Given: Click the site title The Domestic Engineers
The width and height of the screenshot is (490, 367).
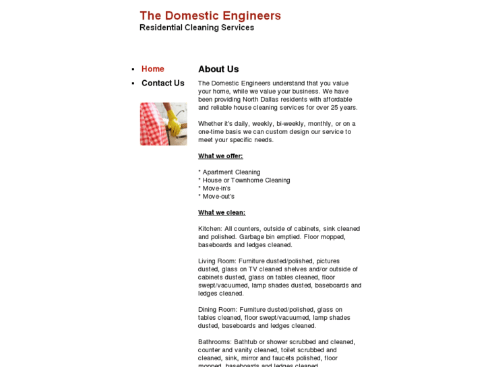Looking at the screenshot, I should (x=210, y=15).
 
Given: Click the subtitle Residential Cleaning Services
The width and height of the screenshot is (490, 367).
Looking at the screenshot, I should (x=196, y=28).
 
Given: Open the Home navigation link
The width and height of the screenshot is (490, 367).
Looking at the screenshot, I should (x=152, y=69).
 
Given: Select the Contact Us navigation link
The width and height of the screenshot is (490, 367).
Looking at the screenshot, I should (x=162, y=83).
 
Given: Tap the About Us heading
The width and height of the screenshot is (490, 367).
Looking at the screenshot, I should (x=218, y=69).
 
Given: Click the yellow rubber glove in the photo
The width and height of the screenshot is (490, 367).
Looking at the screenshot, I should (x=173, y=123).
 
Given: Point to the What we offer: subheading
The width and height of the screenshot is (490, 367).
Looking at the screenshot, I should (x=220, y=156).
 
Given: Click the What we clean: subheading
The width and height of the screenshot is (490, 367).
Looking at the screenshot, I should (x=221, y=212).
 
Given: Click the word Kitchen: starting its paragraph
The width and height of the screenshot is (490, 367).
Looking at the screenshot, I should (x=210, y=228).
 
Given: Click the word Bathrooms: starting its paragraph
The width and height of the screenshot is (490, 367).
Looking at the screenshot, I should (x=215, y=341).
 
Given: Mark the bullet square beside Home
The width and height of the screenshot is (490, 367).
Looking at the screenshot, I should (x=133, y=69).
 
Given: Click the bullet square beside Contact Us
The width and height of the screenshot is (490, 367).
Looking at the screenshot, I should (x=133, y=84).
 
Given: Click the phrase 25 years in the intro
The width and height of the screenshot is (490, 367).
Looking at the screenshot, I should (x=340, y=107).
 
